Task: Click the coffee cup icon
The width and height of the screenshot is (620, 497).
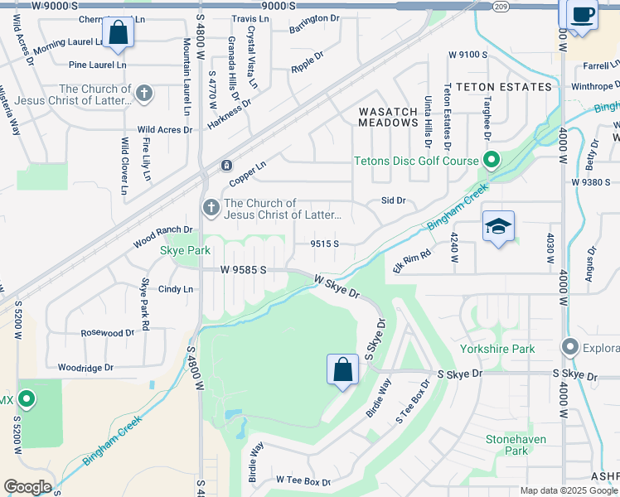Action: [x=583, y=14]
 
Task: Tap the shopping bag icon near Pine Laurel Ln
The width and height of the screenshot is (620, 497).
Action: [x=119, y=33]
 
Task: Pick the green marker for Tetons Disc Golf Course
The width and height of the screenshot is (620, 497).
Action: [x=491, y=160]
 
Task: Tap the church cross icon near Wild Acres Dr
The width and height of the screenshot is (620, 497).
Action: [x=144, y=94]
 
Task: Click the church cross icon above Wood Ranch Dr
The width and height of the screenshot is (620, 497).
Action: [x=211, y=207]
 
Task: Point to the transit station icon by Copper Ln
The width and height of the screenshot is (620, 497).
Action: [x=225, y=166]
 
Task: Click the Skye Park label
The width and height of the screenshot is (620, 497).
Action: [x=185, y=250]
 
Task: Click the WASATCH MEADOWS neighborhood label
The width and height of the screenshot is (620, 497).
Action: [x=388, y=116]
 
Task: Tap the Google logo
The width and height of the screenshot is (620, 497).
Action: [x=27, y=487]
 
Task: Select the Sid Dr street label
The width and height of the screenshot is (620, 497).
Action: [x=393, y=200]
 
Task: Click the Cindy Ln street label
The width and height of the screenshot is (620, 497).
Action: [x=175, y=290]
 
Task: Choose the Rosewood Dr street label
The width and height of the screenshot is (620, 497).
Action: [x=107, y=333]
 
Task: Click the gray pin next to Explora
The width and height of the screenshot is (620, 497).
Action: [x=569, y=346]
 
